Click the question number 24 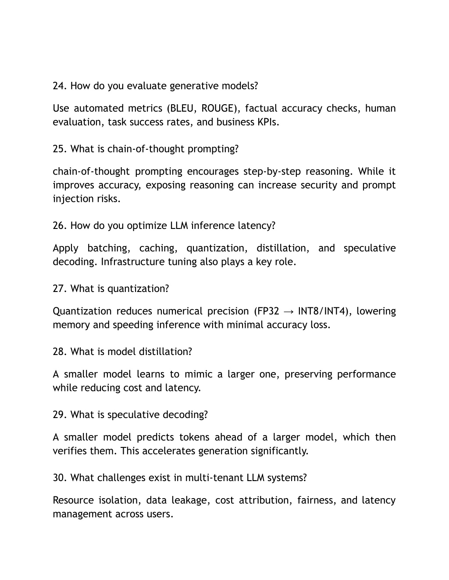pos(59,86)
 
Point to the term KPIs pos(267,122)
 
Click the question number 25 pos(59,149)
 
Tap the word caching pos(158,248)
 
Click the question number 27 pos(59,289)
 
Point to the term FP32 pos(267,311)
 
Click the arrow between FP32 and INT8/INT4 pos(289,312)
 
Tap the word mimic pos(198,374)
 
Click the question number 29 pos(59,415)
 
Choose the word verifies pos(70,451)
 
